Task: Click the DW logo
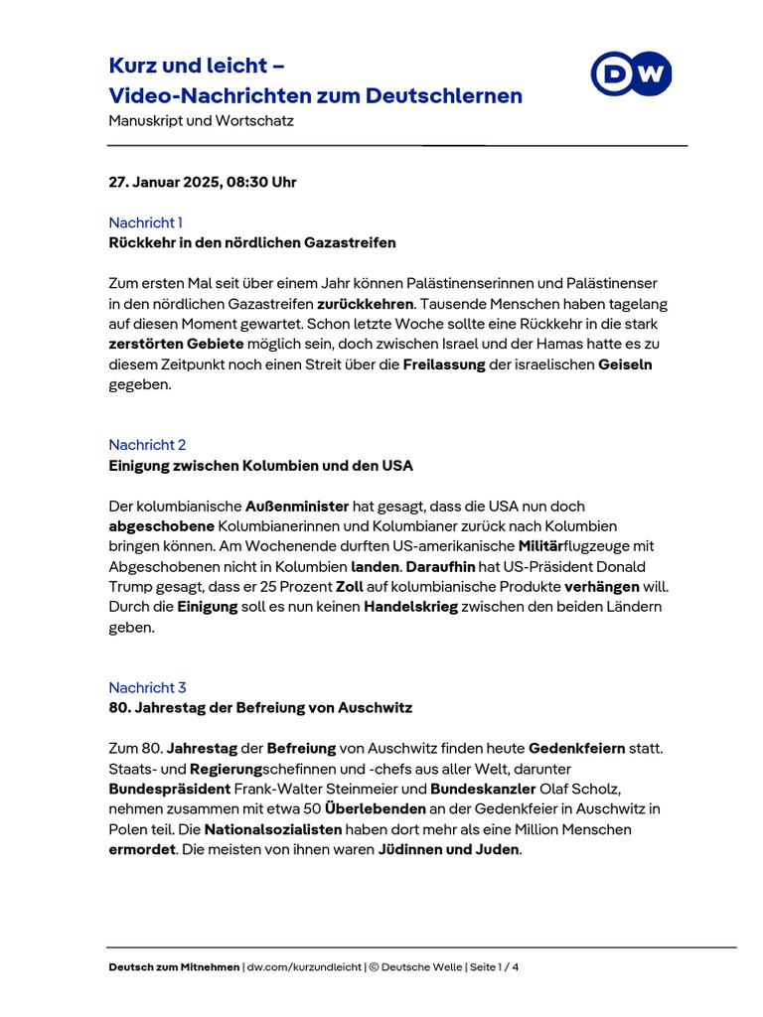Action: [x=631, y=74]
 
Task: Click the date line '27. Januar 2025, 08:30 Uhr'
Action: [x=202, y=182]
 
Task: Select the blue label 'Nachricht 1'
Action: [x=145, y=222]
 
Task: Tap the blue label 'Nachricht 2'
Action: [x=147, y=445]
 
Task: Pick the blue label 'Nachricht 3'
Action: [x=147, y=687]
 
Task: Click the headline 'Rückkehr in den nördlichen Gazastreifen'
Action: [x=252, y=242]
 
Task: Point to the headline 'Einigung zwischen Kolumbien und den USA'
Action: [x=260, y=466]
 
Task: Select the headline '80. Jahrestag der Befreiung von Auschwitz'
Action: [x=260, y=708]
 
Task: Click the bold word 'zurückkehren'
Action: [x=365, y=304]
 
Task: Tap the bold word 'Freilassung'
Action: [x=444, y=364]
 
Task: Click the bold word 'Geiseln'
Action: [x=625, y=364]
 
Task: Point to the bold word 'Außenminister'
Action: [x=295, y=507]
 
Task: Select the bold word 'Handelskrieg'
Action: [x=410, y=607]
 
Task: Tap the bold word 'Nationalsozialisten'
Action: [x=273, y=829]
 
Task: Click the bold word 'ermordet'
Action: [x=141, y=849]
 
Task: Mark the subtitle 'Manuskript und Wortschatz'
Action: [x=201, y=121]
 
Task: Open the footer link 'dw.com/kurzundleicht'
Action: [x=305, y=966]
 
